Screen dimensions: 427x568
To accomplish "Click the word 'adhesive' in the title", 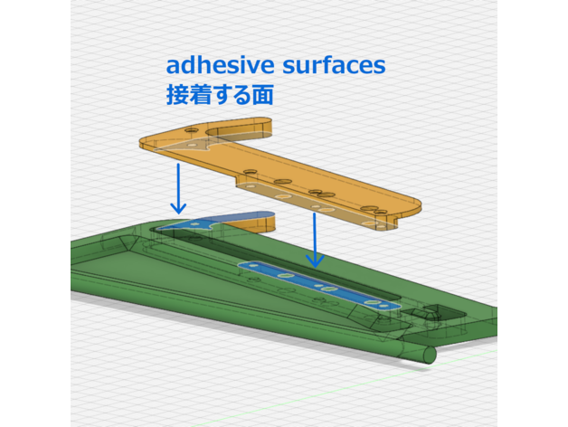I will click(x=214, y=65).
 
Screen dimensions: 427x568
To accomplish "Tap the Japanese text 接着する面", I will click(x=220, y=93).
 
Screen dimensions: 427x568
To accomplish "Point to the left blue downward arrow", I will click(x=179, y=189).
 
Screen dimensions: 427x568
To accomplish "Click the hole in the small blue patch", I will click(x=192, y=223).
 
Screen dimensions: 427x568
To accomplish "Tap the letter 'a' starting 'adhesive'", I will click(x=173, y=66).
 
